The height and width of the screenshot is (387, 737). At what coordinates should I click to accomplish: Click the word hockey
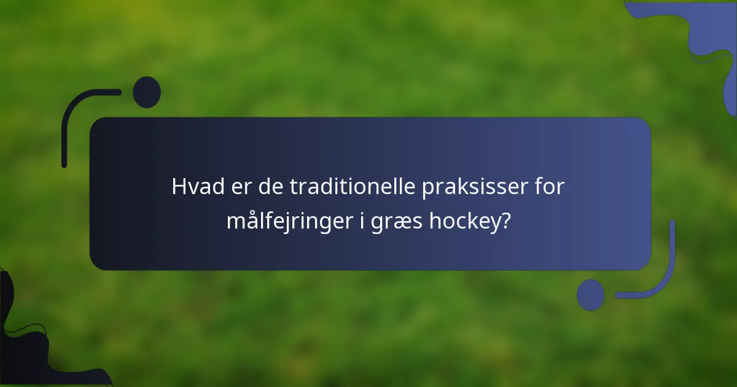click(465, 221)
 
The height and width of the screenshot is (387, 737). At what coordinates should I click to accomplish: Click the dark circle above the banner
click(147, 92)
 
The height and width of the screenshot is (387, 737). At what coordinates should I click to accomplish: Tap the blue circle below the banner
click(591, 295)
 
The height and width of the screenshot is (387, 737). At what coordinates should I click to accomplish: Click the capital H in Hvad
click(179, 187)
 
